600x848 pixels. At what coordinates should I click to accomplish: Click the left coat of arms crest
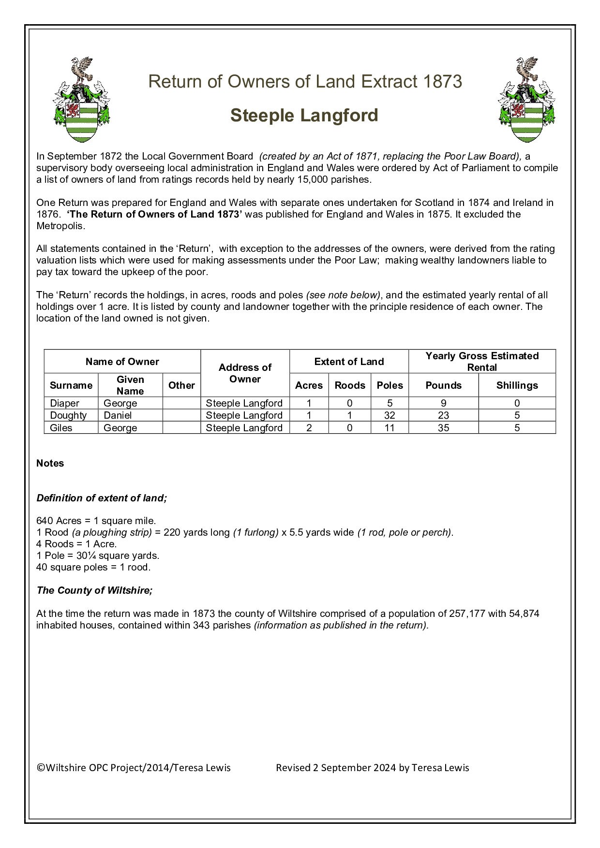[x=81, y=100]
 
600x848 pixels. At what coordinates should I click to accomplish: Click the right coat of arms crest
[x=526, y=100]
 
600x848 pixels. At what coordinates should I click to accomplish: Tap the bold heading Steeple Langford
[x=304, y=116]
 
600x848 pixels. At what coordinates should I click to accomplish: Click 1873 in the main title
[x=442, y=82]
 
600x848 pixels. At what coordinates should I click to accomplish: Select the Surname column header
[x=71, y=385]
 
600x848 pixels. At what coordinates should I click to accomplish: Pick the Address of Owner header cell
[x=245, y=373]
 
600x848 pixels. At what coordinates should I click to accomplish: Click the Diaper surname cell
[x=64, y=403]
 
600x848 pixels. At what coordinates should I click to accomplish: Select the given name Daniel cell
[x=118, y=415]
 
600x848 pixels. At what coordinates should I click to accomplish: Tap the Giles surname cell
[x=61, y=428]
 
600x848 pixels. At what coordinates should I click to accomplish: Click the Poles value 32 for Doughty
[x=390, y=415]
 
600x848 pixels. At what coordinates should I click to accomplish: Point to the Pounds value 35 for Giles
[x=443, y=428]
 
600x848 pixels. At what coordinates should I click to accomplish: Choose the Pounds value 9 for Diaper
[x=443, y=403]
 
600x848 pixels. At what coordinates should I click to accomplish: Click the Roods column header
[x=349, y=385]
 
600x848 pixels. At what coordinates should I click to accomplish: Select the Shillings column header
[x=517, y=385]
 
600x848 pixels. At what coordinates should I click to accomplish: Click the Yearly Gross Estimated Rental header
[x=482, y=362]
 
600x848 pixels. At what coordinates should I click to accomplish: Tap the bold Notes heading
[x=50, y=463]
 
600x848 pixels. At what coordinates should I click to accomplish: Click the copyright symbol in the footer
[x=41, y=768]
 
